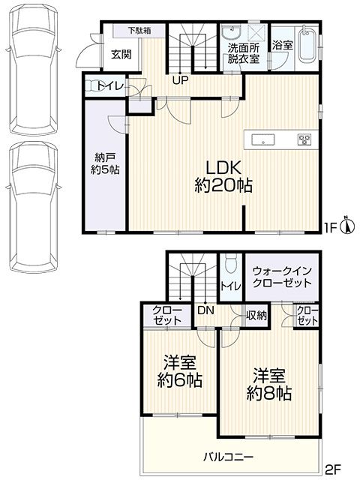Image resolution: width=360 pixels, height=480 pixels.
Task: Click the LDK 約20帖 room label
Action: [223, 177]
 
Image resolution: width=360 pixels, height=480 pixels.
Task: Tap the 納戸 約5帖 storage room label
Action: [105, 163]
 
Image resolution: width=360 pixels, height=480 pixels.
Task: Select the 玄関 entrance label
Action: [121, 55]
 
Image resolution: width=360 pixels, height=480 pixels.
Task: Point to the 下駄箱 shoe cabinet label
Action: [139, 30]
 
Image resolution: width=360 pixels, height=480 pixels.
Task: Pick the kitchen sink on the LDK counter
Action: [263, 140]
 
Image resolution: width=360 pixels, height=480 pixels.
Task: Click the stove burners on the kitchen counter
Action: [304, 139]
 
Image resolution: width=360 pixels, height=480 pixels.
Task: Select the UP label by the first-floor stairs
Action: [180, 80]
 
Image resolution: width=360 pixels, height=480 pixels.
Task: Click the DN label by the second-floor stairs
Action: [205, 310]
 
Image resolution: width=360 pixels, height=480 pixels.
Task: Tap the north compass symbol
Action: [348, 226]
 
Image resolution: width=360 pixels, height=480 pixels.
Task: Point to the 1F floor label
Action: [330, 227]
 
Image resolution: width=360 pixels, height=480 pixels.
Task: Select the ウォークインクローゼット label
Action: [282, 277]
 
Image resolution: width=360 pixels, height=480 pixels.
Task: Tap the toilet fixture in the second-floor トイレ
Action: [230, 263]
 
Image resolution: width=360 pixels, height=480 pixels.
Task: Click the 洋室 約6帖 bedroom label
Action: [180, 371]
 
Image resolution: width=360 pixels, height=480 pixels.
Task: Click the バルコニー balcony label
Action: [229, 457]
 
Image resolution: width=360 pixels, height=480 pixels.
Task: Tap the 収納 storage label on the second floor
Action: [256, 315]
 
